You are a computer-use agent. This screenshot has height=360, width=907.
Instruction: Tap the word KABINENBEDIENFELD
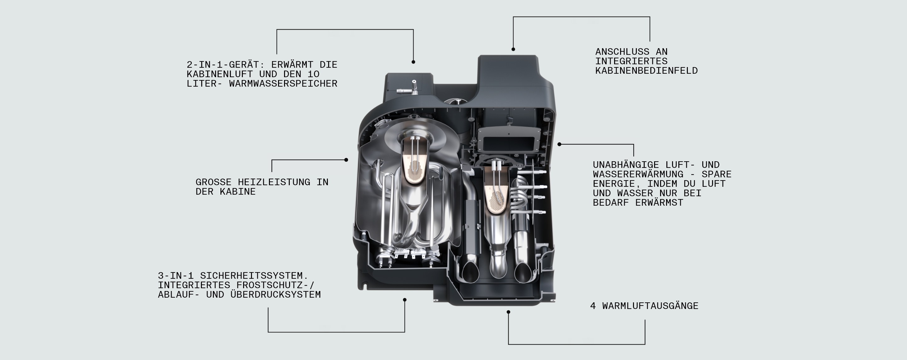tap(646, 71)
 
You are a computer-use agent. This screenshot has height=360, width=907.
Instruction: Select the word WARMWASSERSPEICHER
tap(283, 84)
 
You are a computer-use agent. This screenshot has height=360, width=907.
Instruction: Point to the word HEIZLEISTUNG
tap(274, 182)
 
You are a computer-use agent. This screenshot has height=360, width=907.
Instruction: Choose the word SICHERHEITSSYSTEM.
tap(254, 276)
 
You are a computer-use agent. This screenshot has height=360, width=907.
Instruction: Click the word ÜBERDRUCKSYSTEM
tap(275, 294)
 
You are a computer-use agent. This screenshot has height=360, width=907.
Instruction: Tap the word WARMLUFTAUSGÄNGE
tap(650, 306)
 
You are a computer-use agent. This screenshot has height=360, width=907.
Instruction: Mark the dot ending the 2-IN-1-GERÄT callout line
tap(414, 62)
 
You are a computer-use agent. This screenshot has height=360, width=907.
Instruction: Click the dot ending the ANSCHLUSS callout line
tap(513, 49)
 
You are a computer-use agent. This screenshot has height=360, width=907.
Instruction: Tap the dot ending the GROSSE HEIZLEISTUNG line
tap(346, 160)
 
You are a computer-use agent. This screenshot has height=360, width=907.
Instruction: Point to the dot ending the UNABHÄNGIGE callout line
tap(560, 145)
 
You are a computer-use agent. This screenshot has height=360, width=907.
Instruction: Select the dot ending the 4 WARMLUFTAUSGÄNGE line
tap(508, 312)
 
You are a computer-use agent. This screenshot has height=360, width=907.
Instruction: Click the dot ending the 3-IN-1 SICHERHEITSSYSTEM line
tap(405, 300)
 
